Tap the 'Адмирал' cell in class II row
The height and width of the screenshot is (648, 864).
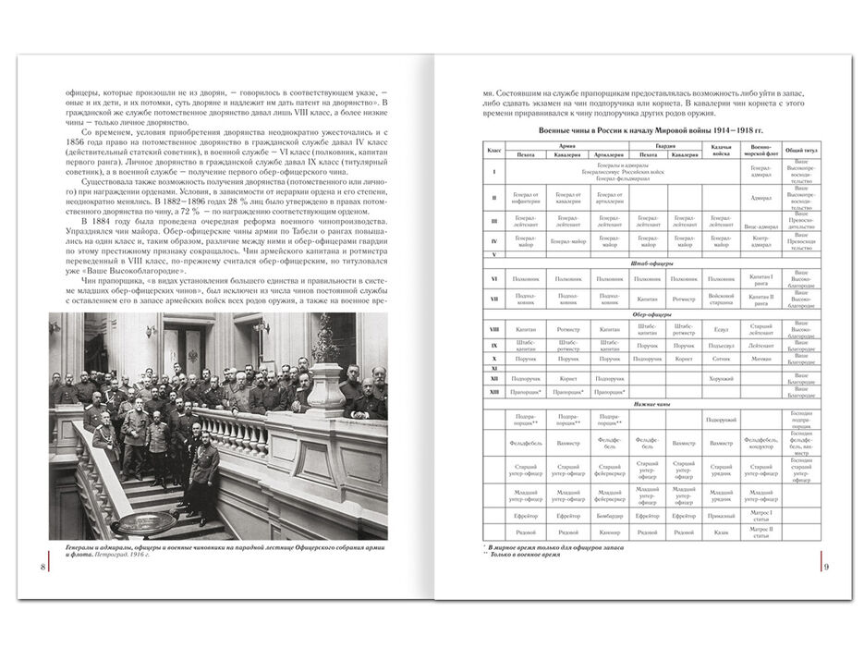761,198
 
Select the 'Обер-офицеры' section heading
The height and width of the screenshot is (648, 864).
646,313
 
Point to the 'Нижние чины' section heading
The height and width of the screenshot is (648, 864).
646,403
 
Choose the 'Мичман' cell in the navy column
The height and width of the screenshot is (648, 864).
761,359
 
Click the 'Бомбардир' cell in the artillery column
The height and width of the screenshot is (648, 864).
609,515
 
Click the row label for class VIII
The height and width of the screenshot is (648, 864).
494,329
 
